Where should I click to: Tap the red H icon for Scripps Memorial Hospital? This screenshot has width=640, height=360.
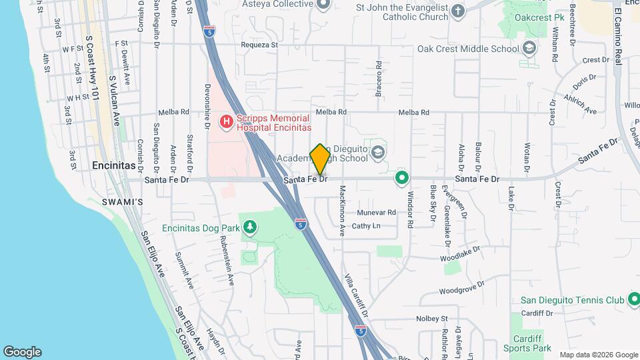226,121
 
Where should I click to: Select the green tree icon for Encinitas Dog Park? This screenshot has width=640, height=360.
250,228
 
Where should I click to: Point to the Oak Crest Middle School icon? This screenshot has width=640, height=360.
529,48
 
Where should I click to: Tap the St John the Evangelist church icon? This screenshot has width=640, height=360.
457,10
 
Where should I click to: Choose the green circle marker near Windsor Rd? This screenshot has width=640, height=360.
401,178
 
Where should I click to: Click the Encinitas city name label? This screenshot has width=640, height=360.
114,165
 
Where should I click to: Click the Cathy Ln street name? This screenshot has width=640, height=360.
365,226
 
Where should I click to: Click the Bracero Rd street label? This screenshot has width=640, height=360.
378,79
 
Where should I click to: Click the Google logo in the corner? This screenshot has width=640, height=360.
22,351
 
